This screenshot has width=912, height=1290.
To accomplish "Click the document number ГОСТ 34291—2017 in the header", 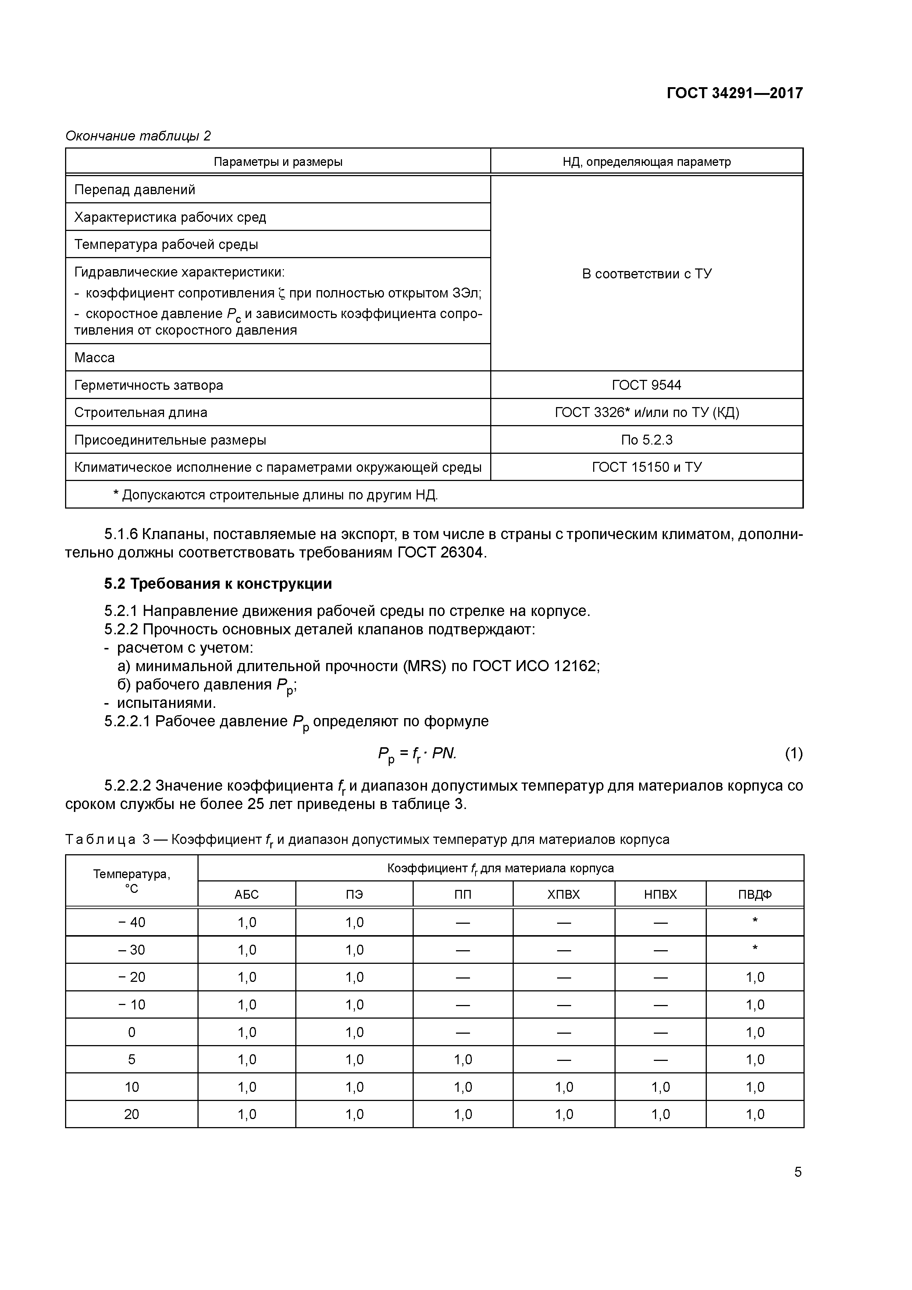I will (x=734, y=93).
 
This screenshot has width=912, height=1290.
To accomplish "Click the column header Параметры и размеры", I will (x=278, y=162).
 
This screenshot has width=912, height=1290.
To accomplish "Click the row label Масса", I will (x=95, y=357).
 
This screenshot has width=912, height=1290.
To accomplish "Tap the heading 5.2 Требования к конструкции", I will (x=218, y=584).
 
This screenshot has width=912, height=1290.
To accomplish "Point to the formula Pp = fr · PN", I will (x=417, y=754).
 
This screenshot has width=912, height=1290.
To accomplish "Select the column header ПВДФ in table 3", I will (x=755, y=894).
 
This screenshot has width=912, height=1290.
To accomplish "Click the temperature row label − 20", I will (x=132, y=977).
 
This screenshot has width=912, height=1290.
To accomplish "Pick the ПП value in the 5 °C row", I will (x=463, y=1060).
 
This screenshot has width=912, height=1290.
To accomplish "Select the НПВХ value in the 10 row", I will (x=660, y=1087).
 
